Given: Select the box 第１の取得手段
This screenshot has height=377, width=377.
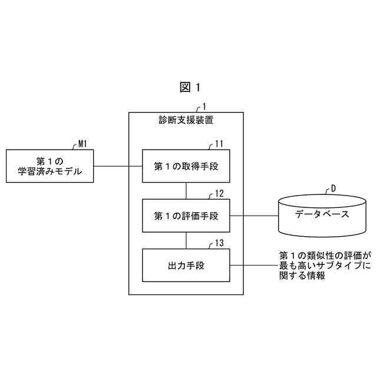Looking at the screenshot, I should [186, 167].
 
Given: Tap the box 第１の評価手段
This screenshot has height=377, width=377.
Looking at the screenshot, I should [186, 216].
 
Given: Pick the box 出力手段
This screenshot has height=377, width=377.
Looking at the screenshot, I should [186, 266].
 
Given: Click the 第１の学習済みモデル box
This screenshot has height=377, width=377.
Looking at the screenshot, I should [49, 166].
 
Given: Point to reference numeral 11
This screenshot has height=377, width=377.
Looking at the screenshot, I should [219, 144].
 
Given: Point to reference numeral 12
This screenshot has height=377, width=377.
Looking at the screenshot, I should [219, 193].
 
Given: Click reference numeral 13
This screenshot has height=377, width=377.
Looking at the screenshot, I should [219, 243].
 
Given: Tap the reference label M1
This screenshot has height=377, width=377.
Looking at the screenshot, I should [83, 143].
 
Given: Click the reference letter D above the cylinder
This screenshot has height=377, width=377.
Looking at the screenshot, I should [333, 188].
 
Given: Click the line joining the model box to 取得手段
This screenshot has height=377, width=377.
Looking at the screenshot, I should [118, 166].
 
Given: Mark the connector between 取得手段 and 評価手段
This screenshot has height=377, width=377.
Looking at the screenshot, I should [186, 191].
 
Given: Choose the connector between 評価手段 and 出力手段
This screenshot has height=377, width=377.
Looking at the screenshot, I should [186, 240].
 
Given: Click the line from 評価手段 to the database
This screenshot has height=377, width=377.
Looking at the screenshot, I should [253, 216].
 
